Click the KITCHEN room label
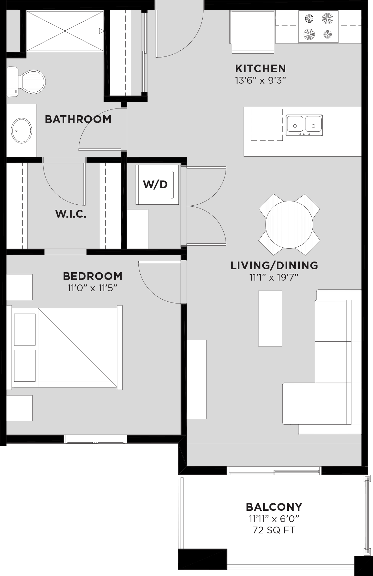[x=260, y=69]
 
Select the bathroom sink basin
[x=22, y=130]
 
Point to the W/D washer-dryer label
[x=155, y=185]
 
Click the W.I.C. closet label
[x=71, y=214]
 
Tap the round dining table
[x=289, y=224]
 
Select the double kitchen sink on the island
[x=304, y=125]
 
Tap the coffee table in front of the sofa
[x=270, y=318]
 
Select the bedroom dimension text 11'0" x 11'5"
[x=92, y=288]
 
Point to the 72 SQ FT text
[x=274, y=530]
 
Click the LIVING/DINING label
[x=274, y=265]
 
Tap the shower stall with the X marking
[x=65, y=31]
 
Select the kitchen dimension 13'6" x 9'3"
[x=260, y=80]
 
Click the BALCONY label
[x=274, y=507]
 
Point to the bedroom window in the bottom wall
[x=95, y=439]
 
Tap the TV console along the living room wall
[x=197, y=379]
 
